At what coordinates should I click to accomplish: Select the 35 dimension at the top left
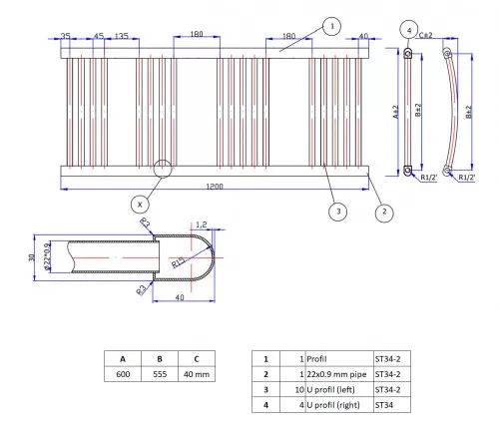[x=65, y=36]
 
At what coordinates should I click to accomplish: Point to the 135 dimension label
[x=121, y=36]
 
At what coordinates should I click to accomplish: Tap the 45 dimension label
[x=98, y=36]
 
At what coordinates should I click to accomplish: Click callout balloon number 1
[x=331, y=25]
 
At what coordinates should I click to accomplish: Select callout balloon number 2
[x=381, y=212]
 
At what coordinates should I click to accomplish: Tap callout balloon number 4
[x=410, y=30]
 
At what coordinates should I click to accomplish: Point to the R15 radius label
[x=177, y=261]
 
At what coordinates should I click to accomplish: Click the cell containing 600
[x=123, y=375]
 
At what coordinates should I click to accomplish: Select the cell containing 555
[x=159, y=375]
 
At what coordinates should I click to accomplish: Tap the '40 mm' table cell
[x=197, y=375]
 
